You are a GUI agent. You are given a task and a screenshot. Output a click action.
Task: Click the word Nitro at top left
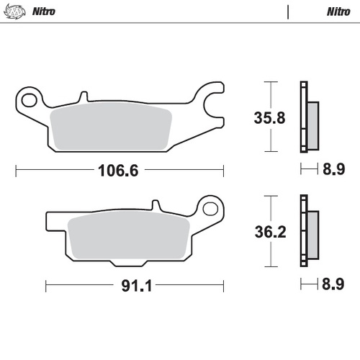coord(44,12)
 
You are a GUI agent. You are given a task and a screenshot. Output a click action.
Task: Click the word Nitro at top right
coord(338,12)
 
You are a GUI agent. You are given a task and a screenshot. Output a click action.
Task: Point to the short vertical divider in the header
coord(287,12)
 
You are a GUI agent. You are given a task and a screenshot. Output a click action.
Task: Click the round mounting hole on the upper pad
coord(30,96)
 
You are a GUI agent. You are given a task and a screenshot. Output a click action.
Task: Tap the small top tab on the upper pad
coord(84,95)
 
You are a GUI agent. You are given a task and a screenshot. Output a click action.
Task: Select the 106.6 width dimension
coord(118,171)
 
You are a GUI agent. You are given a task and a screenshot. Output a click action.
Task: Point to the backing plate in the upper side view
coord(302,117)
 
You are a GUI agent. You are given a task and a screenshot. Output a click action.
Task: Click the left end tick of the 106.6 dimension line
coord(16,171)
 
